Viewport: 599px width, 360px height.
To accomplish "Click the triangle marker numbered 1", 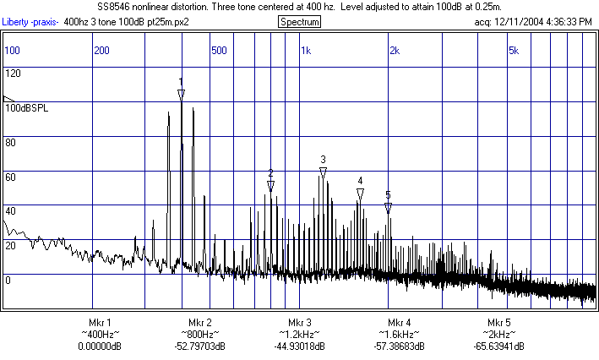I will click(x=181, y=94).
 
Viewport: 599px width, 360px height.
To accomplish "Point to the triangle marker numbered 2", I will click(x=270, y=186).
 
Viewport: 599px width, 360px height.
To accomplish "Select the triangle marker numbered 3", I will click(x=323, y=172).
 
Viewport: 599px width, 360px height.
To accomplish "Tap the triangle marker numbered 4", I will click(x=360, y=194).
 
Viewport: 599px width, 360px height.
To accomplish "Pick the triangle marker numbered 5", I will click(x=388, y=207).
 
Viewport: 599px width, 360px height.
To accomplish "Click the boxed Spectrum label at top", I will click(x=299, y=21).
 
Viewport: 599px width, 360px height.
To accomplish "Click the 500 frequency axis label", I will click(x=219, y=51).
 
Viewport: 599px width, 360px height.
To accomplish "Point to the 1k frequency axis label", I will click(x=306, y=51).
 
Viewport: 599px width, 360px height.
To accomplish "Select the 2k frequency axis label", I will click(x=394, y=51).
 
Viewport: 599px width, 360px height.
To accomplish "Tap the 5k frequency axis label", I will click(x=513, y=51).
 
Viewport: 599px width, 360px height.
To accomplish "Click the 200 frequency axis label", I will click(x=102, y=51).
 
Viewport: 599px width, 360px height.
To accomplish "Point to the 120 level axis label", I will click(x=13, y=74).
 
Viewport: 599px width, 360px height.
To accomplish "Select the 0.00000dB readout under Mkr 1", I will click(x=99, y=346).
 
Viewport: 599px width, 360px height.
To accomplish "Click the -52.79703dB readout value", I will click(x=199, y=346).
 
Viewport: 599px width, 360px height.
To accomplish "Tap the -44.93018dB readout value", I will click(x=299, y=346).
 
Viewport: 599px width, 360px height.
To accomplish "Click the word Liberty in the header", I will click(x=16, y=21).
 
